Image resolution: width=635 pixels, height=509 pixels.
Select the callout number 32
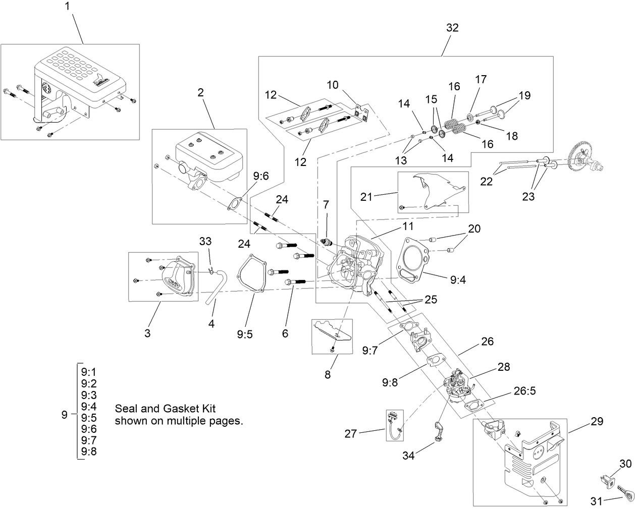click(452, 28)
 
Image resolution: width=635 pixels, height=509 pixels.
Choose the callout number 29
click(597, 421)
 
